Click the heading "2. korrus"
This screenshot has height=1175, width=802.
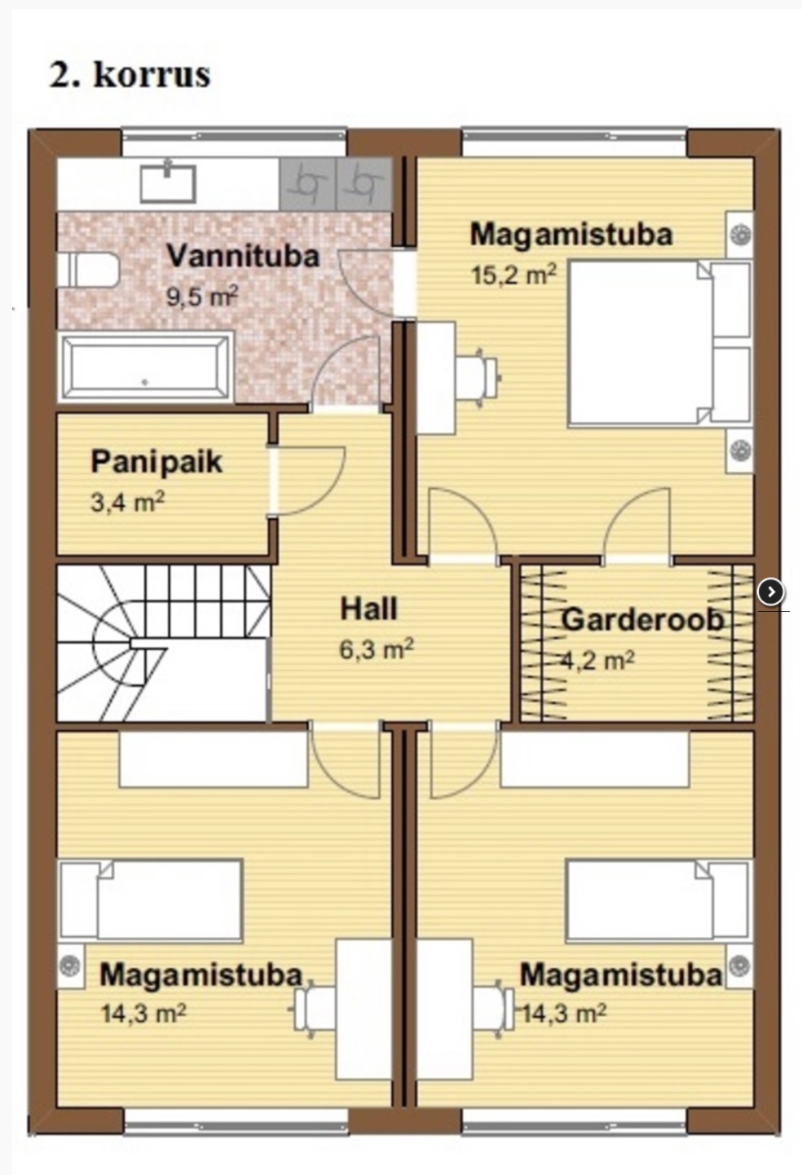coord(130,75)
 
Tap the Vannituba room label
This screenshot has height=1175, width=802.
coord(243,256)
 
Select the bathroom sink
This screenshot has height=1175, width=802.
coord(168,183)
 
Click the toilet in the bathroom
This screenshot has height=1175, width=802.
coord(88,271)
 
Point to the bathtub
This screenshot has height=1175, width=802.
coord(146,367)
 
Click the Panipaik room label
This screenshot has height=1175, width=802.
coord(156,463)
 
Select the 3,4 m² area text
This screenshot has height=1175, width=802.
coord(127,503)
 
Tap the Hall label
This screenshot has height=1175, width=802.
coord(368,609)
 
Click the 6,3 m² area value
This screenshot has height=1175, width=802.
coord(377,649)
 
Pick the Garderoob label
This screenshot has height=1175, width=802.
coord(642,619)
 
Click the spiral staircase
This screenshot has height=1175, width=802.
coord(164,643)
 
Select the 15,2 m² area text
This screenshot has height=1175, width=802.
coord(513,275)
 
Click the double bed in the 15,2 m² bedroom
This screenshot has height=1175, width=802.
coord(659,344)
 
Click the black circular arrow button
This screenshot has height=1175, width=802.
coord(770,592)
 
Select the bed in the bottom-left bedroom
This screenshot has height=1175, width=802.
coord(151,900)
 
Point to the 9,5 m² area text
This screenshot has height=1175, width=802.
coord(202,297)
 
